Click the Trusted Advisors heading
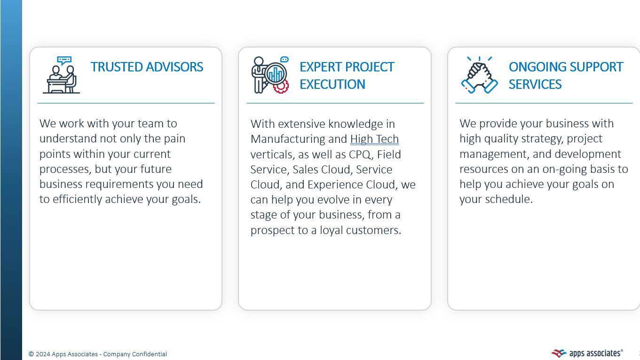(147, 67)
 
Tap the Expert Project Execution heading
(347, 75)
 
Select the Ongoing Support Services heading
(565, 75)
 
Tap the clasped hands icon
(479, 75)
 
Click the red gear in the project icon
(281, 86)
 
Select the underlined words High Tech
(374, 139)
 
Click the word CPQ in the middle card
(360, 154)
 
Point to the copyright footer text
(98, 354)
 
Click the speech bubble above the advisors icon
(63, 61)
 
